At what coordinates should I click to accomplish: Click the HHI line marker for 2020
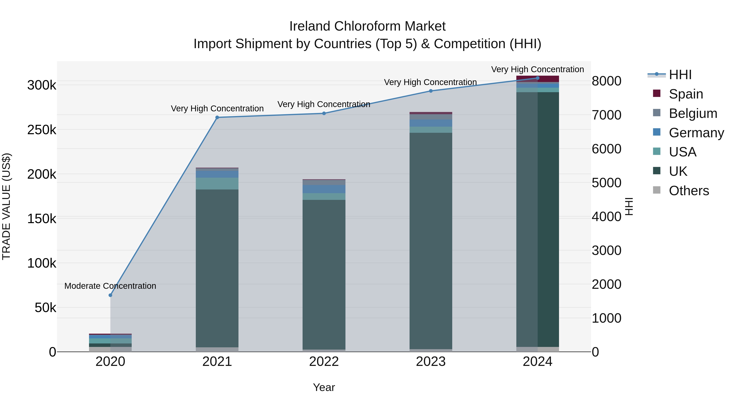[110, 295]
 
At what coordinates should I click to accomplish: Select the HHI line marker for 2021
[217, 117]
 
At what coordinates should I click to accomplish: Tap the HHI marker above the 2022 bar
[324, 113]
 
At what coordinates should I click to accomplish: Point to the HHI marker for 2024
[538, 78]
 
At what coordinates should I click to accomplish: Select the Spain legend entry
[686, 94]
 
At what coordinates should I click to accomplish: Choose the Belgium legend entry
[693, 113]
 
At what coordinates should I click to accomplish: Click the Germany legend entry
[696, 133]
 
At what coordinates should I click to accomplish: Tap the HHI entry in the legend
[680, 75]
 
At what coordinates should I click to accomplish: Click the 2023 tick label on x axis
[431, 362]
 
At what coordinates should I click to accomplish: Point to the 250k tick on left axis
[42, 130]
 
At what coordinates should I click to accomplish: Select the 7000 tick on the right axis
[606, 115]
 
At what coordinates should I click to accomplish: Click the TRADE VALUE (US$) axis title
[7, 206]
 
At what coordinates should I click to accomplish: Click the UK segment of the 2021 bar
[217, 268]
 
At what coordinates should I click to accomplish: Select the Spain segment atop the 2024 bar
[538, 79]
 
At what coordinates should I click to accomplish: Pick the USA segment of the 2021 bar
[217, 184]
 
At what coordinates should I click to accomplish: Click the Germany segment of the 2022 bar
[324, 189]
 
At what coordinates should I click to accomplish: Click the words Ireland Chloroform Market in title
[367, 26]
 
